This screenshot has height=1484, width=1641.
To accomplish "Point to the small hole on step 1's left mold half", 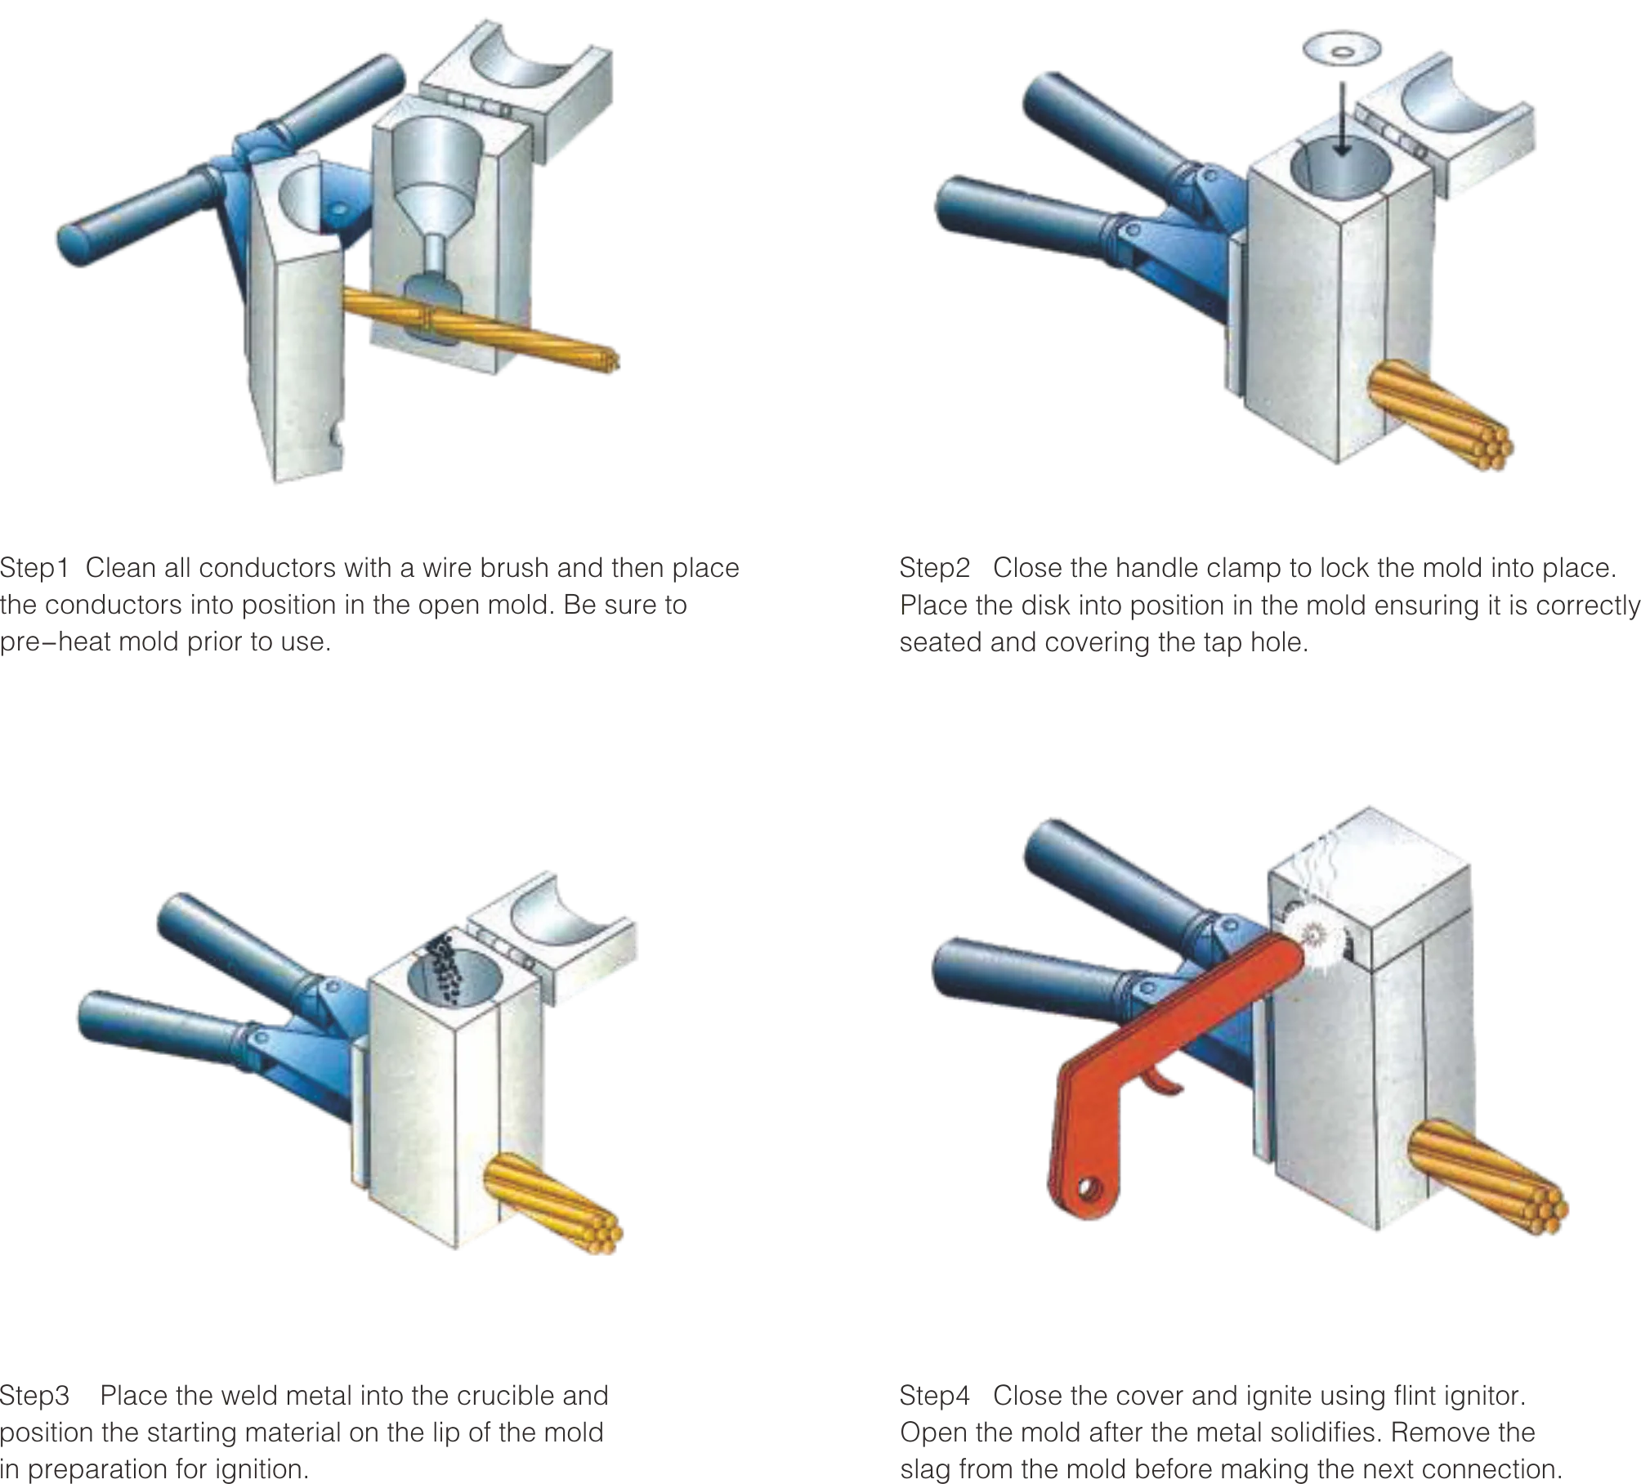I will click(336, 432).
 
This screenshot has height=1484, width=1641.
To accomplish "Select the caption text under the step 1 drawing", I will click(368, 605).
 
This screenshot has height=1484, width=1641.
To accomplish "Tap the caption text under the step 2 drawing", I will click(1267, 605).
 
